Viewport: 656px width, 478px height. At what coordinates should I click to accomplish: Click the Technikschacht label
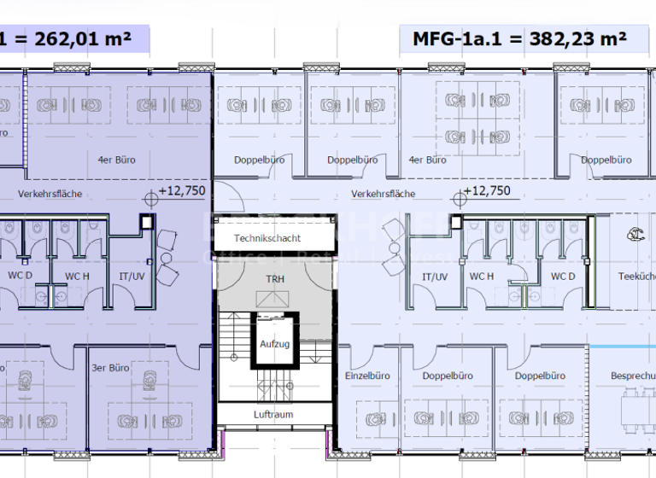[x=267, y=239]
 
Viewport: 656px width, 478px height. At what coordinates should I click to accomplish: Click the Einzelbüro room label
[x=367, y=376]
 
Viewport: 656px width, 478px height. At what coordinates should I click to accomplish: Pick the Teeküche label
[x=635, y=277]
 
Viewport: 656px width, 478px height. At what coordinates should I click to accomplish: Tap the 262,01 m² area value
[x=80, y=39]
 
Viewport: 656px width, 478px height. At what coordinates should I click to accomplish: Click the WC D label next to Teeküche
[x=562, y=277]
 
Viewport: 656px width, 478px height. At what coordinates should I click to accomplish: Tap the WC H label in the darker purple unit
[x=78, y=277]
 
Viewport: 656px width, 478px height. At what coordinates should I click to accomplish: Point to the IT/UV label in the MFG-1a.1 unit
[x=435, y=277]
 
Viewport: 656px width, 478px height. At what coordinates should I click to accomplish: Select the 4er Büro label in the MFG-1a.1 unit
[x=428, y=160]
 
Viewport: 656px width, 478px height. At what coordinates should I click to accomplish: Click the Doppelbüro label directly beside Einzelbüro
[x=448, y=376]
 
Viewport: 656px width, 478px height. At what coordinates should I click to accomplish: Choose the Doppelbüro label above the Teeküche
[x=606, y=160]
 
